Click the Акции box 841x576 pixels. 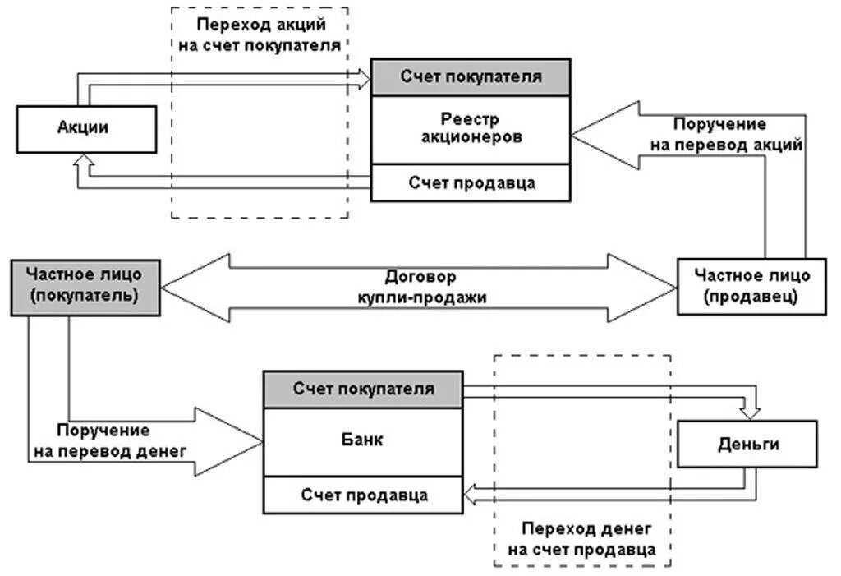85,129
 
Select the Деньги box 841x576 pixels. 747,445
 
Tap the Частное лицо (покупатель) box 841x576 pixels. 85,286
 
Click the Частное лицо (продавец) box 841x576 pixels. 751,286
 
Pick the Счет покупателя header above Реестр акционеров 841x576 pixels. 471,77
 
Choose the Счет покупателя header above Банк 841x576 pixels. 363,389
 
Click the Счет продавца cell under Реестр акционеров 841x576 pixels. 471,182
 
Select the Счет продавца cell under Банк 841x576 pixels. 363,495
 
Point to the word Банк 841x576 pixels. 363,440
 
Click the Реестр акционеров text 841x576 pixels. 471,129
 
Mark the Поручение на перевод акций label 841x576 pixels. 719,134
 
